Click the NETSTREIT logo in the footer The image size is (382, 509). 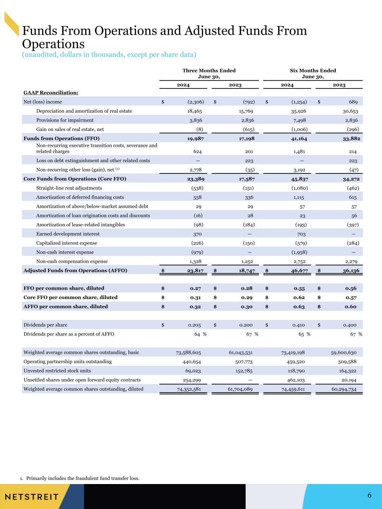coord(32,497)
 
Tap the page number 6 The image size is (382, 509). coord(369,495)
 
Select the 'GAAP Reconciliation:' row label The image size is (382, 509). coord(51,92)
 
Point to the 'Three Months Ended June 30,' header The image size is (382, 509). coord(209,73)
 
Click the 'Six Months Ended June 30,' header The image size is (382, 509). coord(313,73)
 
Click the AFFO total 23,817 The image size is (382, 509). coord(195,270)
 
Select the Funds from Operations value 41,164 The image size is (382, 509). coord(298,138)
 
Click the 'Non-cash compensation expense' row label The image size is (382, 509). coord(72,261)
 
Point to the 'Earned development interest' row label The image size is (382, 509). coord(68,234)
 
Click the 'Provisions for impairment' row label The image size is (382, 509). coord(65,120)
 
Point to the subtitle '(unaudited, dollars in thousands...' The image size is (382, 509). coord(109,55)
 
